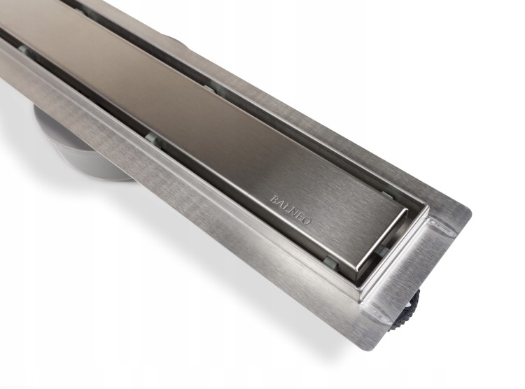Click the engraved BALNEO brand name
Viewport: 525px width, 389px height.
[291, 210]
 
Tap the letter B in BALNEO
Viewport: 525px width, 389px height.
[274, 199]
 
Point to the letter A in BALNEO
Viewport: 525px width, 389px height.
[280, 203]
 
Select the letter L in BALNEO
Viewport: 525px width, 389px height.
[286, 207]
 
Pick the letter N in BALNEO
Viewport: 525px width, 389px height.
[293, 211]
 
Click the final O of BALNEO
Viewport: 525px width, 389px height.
[308, 220]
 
